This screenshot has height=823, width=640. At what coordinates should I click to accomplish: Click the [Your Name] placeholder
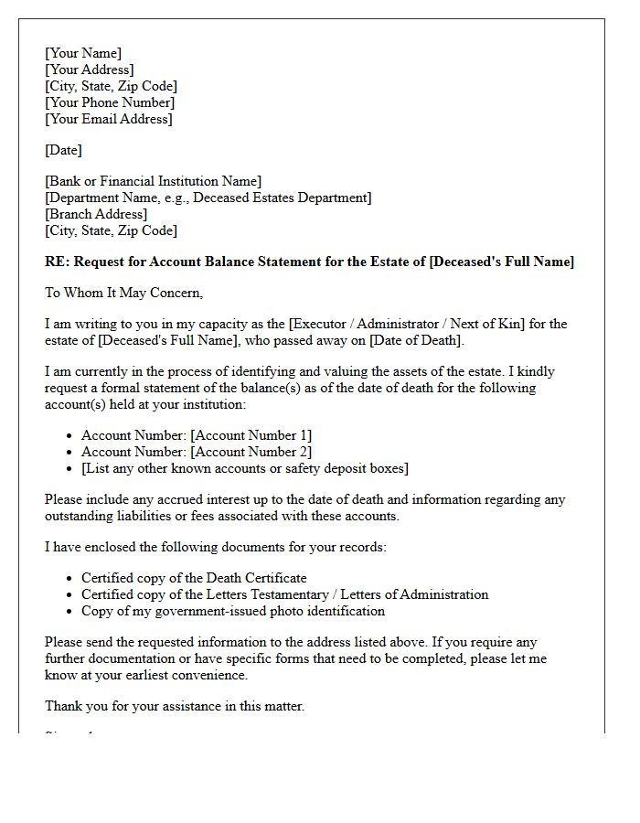click(83, 53)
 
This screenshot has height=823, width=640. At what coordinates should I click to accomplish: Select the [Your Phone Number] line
click(109, 102)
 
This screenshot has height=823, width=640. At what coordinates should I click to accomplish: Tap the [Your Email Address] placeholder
click(108, 119)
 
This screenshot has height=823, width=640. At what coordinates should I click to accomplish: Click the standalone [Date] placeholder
click(63, 150)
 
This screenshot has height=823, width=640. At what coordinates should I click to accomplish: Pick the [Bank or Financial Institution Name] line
click(153, 181)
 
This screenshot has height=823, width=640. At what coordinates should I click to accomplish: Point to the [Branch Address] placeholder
click(95, 214)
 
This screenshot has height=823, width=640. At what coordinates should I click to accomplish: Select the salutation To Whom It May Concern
click(123, 293)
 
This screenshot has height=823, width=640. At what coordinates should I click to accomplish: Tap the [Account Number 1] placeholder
click(251, 435)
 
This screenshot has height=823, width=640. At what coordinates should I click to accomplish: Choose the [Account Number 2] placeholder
click(251, 452)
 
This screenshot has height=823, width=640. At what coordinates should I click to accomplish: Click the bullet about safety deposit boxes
click(245, 468)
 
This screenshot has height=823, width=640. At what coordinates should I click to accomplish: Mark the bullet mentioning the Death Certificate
click(194, 578)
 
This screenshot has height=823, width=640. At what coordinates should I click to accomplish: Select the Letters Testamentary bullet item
click(284, 594)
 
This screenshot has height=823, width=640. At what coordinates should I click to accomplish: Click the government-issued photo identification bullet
click(233, 611)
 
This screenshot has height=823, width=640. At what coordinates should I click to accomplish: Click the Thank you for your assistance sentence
click(175, 706)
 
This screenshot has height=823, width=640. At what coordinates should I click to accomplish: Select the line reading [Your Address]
click(89, 69)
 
